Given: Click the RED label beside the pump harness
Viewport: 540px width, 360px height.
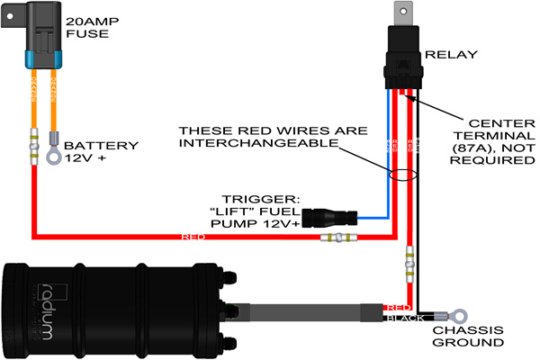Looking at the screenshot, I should point(397,308).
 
